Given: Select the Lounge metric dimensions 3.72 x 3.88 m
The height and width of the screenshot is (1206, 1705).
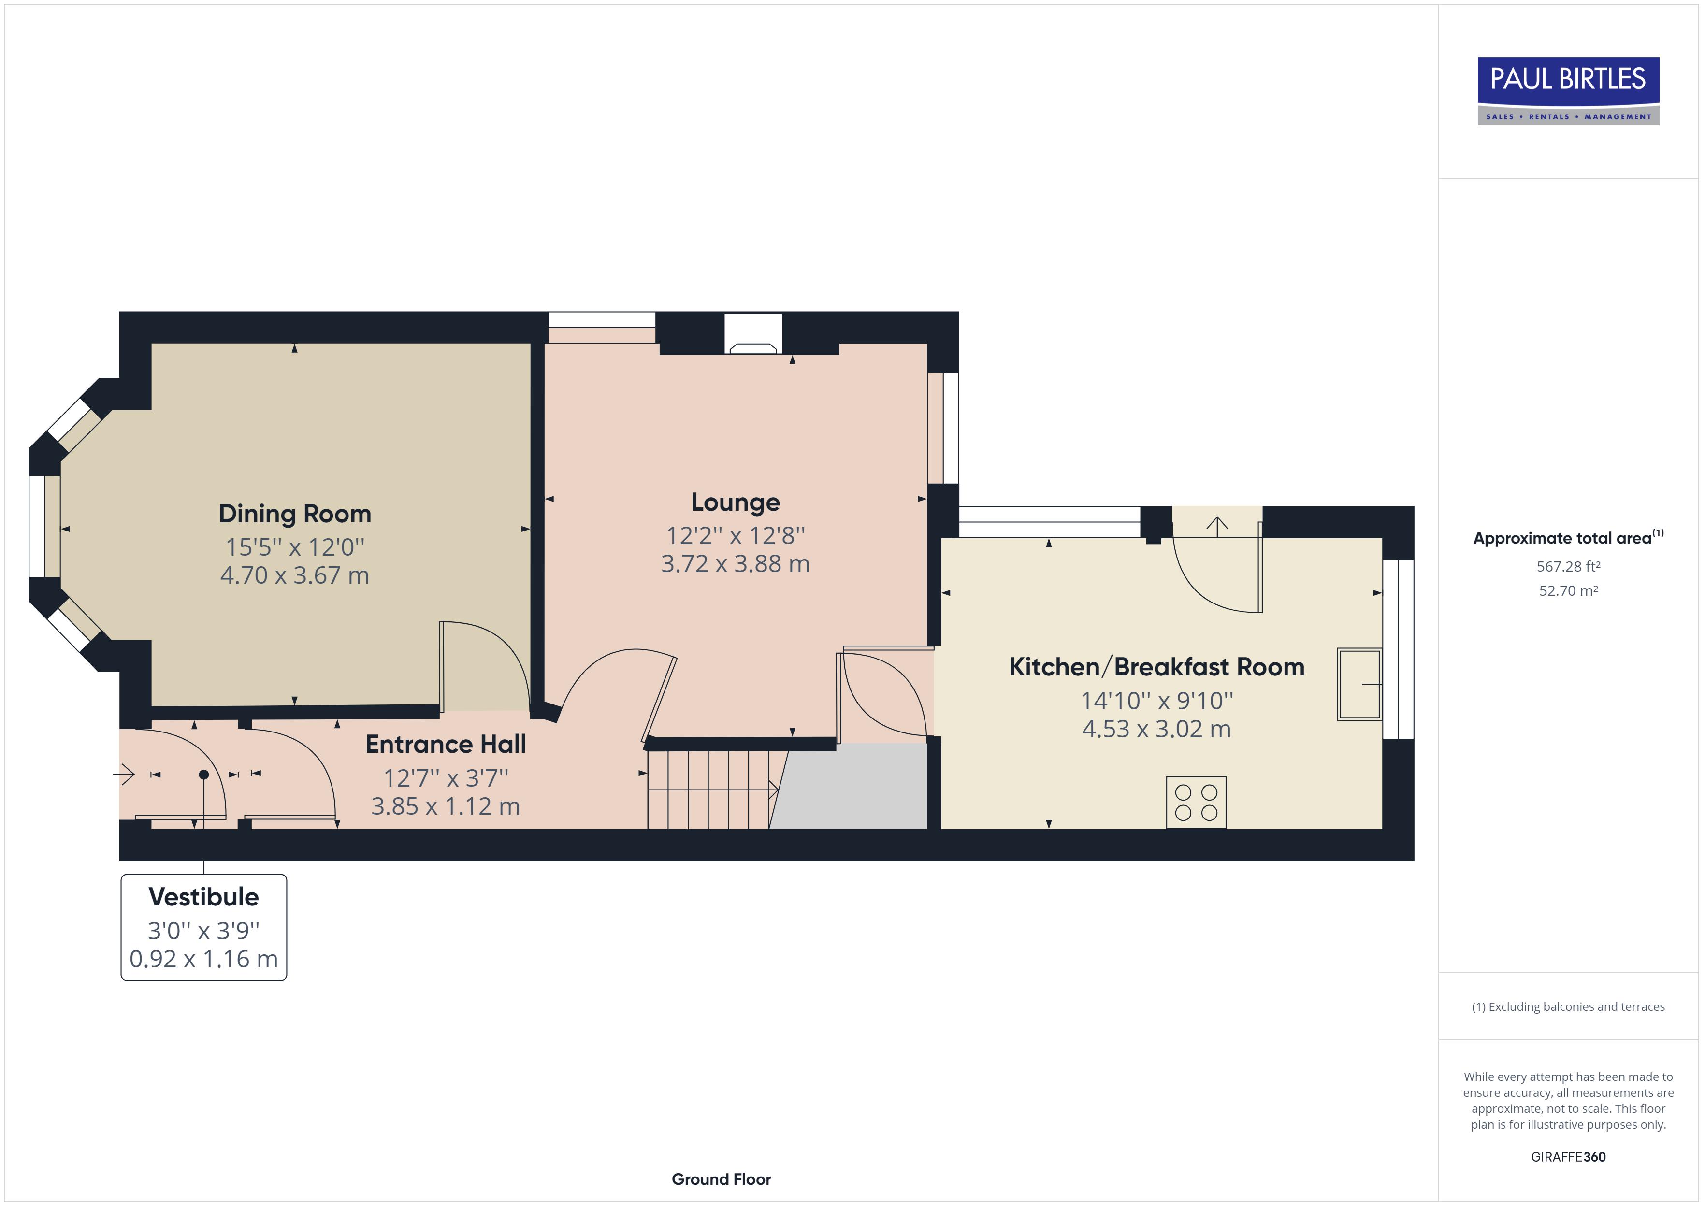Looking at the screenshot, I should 735,564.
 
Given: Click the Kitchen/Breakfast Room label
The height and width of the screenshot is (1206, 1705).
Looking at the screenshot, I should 1156,667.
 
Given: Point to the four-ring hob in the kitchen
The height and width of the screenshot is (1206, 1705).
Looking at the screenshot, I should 1196,803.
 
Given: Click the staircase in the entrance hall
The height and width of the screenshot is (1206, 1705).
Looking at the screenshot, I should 709,790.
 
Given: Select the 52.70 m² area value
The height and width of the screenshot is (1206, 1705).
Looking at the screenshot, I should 1568,591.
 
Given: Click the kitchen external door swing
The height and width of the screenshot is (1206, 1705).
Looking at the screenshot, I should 1218,572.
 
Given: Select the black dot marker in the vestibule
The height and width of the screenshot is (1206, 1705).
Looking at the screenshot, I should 203,775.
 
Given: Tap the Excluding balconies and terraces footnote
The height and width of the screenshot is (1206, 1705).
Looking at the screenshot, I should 1568,1007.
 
